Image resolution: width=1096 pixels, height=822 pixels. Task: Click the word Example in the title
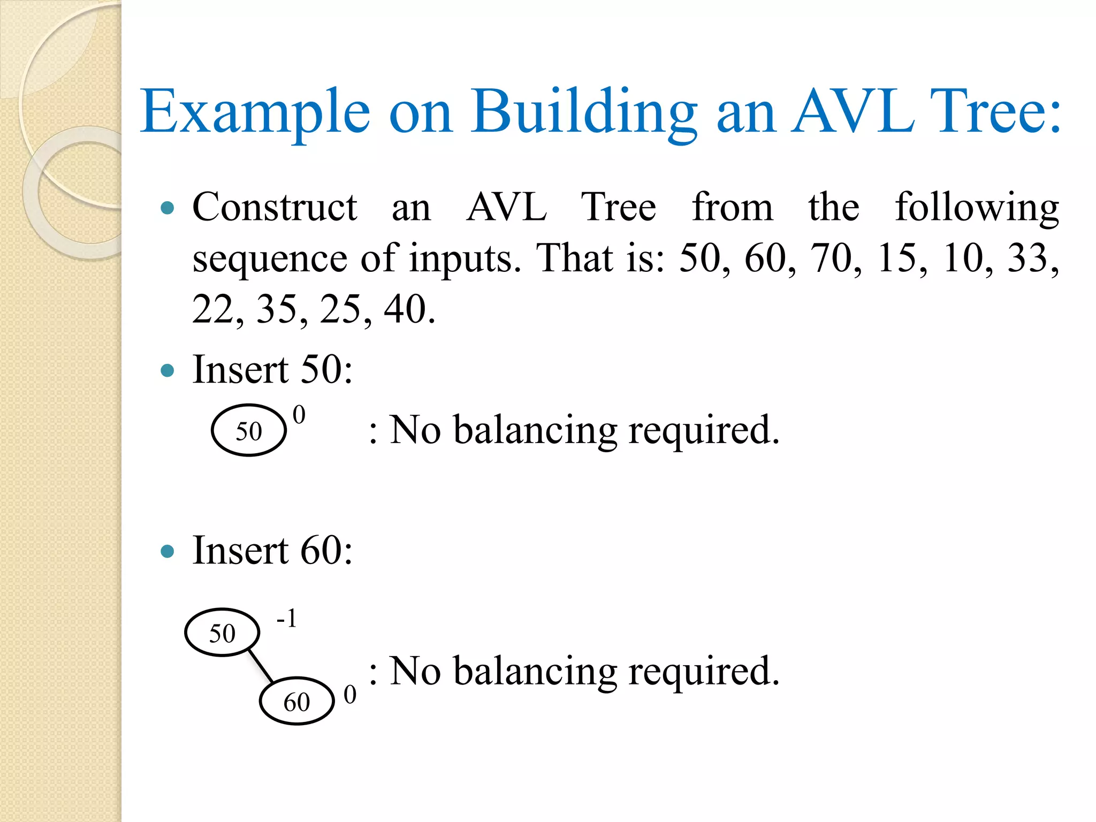click(x=255, y=111)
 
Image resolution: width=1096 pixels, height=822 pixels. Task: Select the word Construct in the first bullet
click(x=275, y=207)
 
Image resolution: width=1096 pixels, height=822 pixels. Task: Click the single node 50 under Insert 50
click(x=249, y=430)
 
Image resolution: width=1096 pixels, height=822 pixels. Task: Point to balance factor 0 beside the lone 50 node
click(x=299, y=415)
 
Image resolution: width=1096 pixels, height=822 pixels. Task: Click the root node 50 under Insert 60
click(x=222, y=633)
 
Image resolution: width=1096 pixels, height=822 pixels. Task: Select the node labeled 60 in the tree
click(x=297, y=701)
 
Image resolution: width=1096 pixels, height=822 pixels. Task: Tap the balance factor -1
click(x=287, y=619)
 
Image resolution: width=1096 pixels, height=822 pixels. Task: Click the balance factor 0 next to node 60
click(x=350, y=695)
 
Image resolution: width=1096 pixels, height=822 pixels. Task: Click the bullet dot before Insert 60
click(x=168, y=551)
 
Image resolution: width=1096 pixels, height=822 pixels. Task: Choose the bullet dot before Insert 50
click(x=168, y=370)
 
